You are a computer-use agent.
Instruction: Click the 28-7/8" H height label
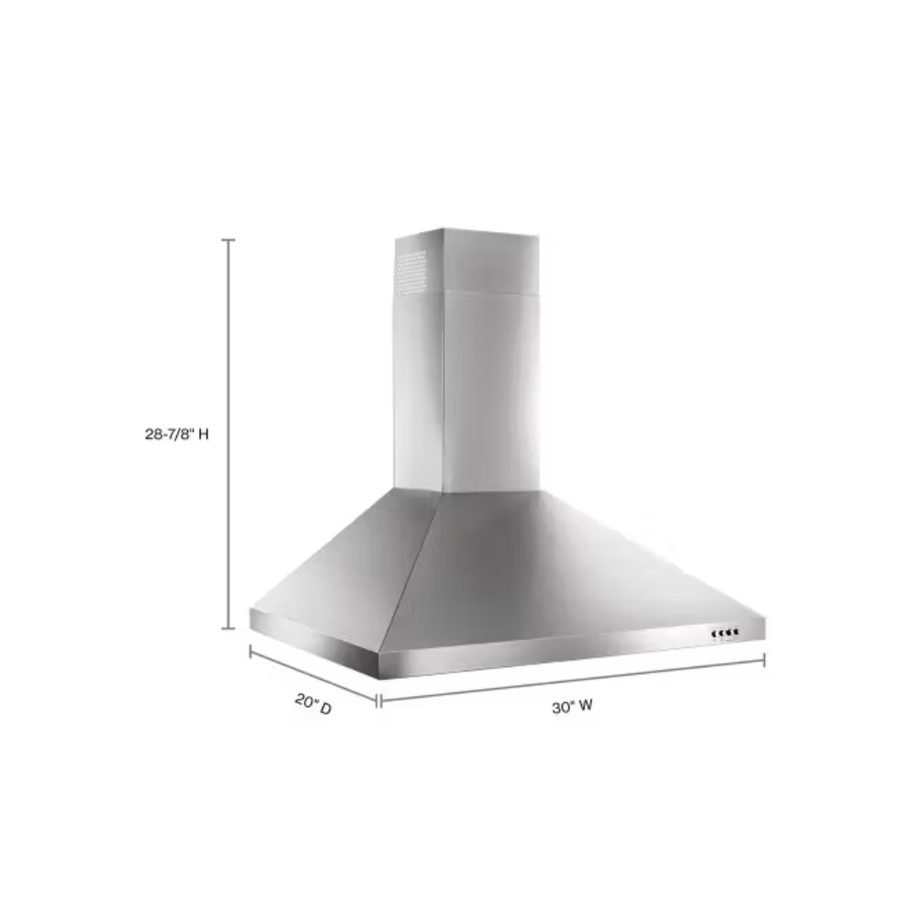click(x=176, y=435)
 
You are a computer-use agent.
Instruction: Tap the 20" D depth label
click(x=313, y=703)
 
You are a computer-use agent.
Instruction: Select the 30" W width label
click(x=572, y=707)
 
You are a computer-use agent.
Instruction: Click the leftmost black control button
click(x=714, y=633)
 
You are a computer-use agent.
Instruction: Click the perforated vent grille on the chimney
click(x=412, y=272)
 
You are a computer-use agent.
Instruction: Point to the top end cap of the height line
click(x=228, y=240)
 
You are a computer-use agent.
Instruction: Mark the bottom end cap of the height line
click(x=228, y=628)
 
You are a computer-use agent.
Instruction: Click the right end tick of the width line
click(x=764, y=660)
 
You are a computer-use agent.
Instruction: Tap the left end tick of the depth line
click(x=251, y=650)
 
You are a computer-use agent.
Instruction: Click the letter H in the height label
click(x=202, y=435)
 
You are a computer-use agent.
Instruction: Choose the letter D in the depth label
click(x=325, y=709)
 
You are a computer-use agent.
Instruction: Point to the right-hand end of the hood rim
click(x=763, y=628)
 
